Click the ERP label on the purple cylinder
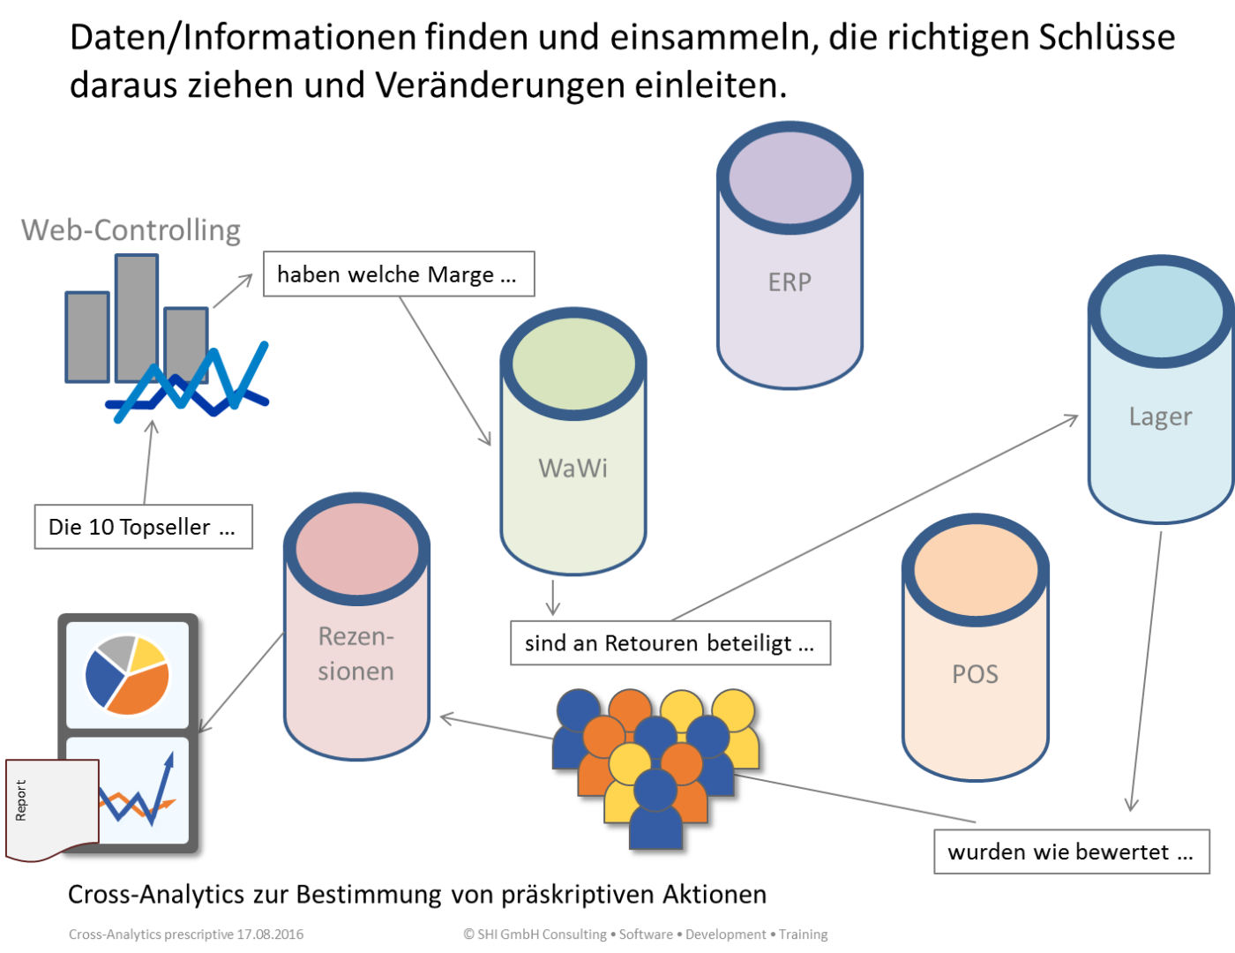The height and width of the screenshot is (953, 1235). [x=790, y=282]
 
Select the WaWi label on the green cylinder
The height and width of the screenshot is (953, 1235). [x=573, y=468]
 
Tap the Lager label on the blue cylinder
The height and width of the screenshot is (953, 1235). [x=1160, y=416]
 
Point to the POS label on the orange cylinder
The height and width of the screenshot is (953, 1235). [x=975, y=674]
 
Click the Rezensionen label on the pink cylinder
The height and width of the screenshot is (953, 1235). [x=356, y=654]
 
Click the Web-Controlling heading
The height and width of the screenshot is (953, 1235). [x=131, y=230]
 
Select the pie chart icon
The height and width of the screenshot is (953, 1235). [x=127, y=675]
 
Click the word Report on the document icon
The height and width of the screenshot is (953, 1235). [x=21, y=800]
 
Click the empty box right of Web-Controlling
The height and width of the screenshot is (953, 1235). [x=399, y=274]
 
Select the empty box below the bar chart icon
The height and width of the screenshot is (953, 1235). [x=144, y=527]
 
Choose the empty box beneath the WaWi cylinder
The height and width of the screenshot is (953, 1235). [x=670, y=642]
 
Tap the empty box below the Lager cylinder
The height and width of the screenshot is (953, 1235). [x=1072, y=852]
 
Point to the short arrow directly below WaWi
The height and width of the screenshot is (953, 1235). [x=553, y=598]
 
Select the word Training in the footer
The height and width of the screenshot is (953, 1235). [x=803, y=934]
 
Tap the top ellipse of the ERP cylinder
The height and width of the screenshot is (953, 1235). [x=790, y=178]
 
